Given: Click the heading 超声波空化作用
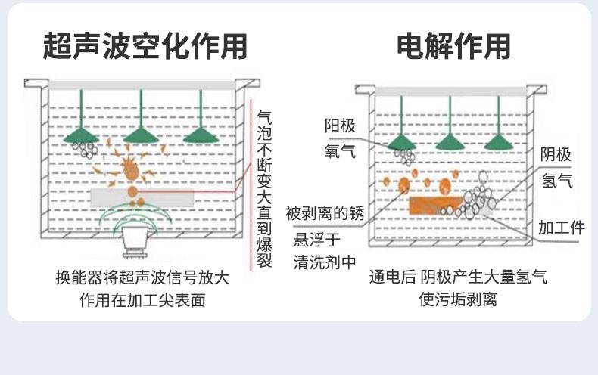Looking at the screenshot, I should [x=145, y=46].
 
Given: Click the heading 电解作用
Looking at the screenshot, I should [x=453, y=46].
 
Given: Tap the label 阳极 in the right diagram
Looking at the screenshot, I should [x=340, y=126].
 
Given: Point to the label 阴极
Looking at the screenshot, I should [x=556, y=155].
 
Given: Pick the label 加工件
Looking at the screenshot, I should [x=561, y=227].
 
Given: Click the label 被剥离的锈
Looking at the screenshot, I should [x=325, y=213].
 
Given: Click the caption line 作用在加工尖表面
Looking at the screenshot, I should [x=142, y=299].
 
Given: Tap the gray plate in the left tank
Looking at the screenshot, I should [x=140, y=197].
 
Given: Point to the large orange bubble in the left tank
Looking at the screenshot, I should [x=132, y=169].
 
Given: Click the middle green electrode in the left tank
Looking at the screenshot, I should [x=140, y=135].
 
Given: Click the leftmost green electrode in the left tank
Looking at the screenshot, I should [x=79, y=135].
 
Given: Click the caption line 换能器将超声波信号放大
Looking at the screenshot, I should [x=142, y=277].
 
